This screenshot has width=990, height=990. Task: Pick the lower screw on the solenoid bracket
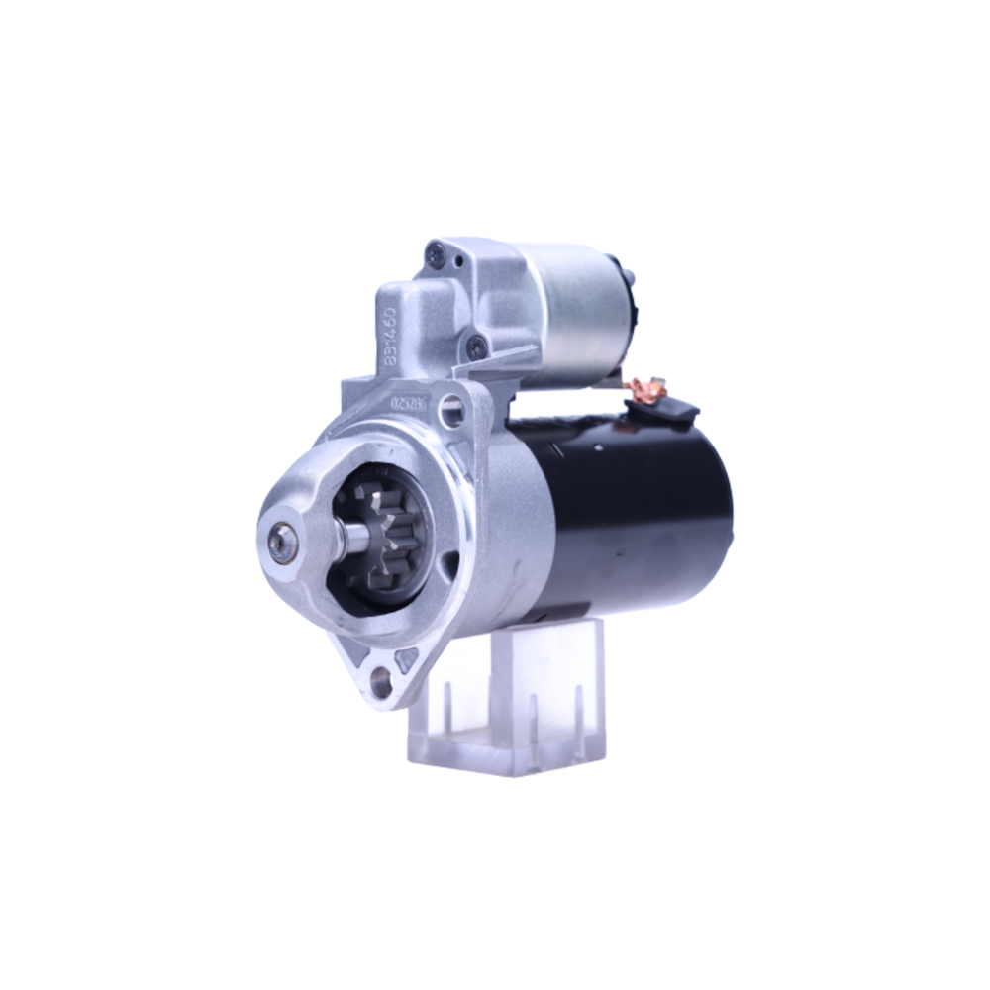point(477,346)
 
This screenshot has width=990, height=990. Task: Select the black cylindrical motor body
point(634,515)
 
